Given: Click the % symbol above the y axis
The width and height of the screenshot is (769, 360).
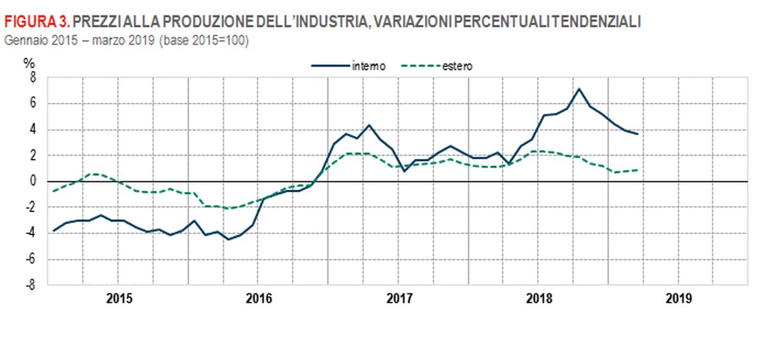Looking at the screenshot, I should (29, 63).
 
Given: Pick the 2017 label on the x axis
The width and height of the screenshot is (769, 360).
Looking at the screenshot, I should (399, 299).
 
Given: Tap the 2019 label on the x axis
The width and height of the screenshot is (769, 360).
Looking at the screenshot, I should (679, 299).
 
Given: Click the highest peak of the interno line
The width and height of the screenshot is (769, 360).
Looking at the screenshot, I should (579, 89).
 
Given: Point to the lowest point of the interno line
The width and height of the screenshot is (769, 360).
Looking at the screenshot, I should (228, 240).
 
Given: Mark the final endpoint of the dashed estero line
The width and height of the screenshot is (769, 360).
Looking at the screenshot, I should (637, 170).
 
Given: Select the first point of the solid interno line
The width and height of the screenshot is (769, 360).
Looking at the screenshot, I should (54, 231).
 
